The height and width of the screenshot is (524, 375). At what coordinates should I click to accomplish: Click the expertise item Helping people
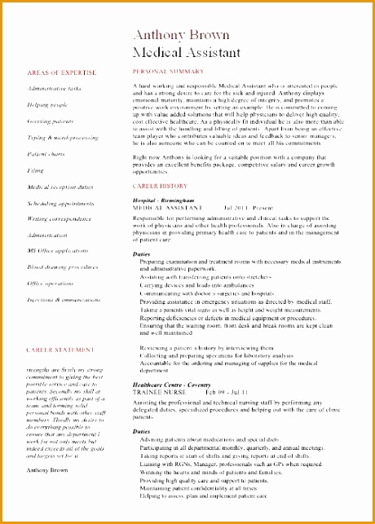pos(47,104)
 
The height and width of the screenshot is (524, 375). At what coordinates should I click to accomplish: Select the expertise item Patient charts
pos(46,153)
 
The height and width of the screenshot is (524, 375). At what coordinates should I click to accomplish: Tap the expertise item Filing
pos(36,170)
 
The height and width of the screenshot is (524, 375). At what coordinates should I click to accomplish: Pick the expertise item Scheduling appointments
pos(60,203)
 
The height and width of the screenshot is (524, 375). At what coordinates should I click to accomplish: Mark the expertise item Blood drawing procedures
pos(63,266)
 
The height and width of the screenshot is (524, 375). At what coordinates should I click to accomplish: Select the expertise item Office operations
pos(51,283)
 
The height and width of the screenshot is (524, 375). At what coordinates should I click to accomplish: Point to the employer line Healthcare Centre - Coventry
pos(176,384)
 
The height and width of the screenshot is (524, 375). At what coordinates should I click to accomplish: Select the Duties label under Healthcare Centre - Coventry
pos(142,431)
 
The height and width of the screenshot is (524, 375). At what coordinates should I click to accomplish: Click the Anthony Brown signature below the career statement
pos(48,470)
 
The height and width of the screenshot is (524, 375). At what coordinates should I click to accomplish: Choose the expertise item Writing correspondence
pos(59,218)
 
